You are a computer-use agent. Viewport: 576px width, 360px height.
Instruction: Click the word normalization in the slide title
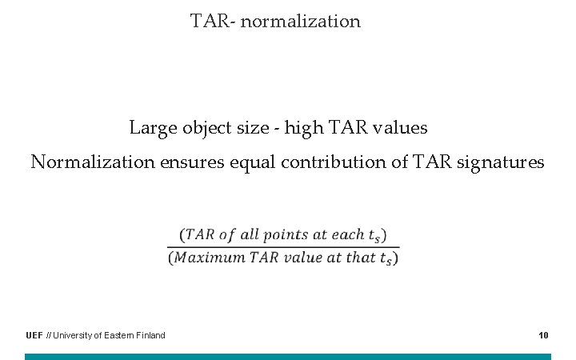pos(300,21)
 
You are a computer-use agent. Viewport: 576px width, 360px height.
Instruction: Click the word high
pos(304,128)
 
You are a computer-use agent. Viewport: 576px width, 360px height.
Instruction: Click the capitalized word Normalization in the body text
pos(93,162)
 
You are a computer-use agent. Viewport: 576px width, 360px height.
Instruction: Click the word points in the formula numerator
pos(284,235)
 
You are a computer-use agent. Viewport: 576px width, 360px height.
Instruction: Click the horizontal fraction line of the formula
pos(283,246)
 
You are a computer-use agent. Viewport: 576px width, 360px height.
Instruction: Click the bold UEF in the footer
pos(34,335)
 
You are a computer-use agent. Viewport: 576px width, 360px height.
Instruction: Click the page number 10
pos(543,335)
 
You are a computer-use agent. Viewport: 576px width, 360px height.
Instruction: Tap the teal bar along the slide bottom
pos(288,356)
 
